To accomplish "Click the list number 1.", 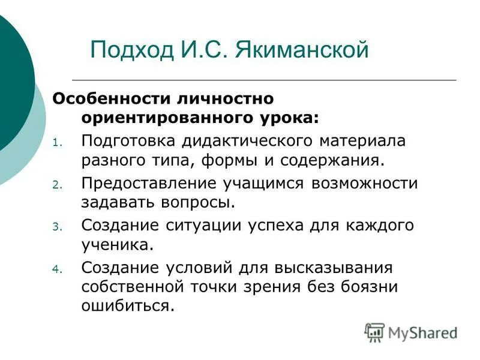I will [x=57, y=143].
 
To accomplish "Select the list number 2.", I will [x=57, y=185].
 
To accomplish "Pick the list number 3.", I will [x=57, y=227].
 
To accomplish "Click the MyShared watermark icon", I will [x=374, y=332].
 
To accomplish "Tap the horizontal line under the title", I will [x=264, y=80].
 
